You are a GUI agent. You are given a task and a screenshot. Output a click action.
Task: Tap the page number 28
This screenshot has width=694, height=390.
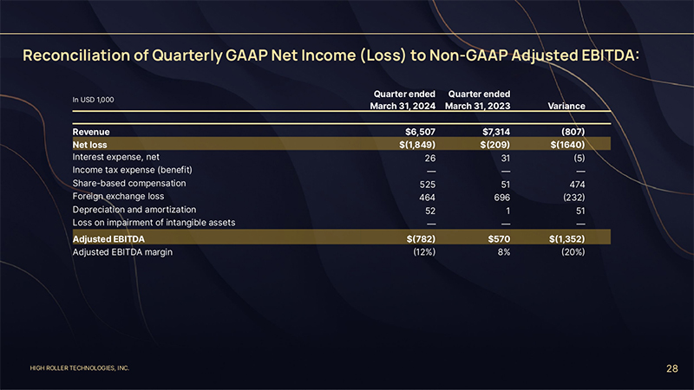click(671, 369)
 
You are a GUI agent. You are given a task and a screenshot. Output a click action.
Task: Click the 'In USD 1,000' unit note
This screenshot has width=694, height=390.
click(93, 100)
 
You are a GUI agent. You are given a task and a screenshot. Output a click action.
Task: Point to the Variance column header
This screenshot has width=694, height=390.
click(566, 107)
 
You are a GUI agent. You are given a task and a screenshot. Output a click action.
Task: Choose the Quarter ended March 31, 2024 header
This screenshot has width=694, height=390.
click(403, 100)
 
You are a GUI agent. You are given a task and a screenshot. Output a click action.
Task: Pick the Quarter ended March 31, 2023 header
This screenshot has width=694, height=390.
click(477, 100)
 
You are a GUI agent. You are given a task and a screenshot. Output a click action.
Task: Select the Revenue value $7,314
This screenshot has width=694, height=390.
click(492, 131)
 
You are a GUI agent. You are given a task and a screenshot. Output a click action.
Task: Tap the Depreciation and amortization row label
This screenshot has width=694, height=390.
click(134, 210)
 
